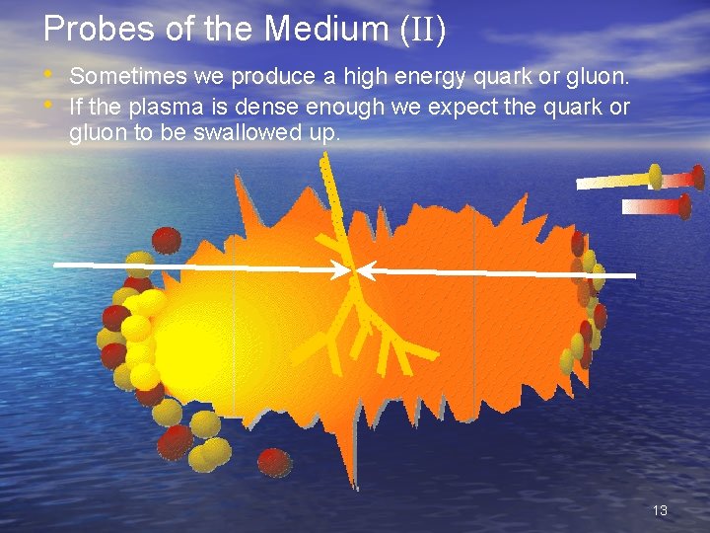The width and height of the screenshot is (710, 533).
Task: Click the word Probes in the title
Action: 86,30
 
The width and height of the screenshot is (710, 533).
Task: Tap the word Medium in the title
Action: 327,30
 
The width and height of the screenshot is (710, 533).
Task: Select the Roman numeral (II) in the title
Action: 423,31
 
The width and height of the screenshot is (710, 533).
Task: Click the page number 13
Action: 660,510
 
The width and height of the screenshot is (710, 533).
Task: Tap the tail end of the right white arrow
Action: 633,275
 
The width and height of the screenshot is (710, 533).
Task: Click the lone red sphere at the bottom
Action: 274,462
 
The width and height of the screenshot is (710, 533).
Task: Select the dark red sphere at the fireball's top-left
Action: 167,239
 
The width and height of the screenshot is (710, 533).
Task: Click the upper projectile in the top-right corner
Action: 641,179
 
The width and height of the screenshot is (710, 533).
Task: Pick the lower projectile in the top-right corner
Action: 657,206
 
